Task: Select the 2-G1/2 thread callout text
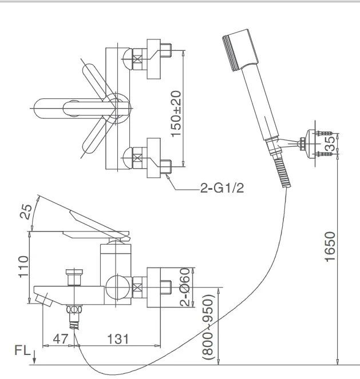pos(221,189)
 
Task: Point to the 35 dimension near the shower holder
pos(330,143)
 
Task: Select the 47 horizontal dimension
pos(60,339)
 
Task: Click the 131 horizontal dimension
pos(117,339)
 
